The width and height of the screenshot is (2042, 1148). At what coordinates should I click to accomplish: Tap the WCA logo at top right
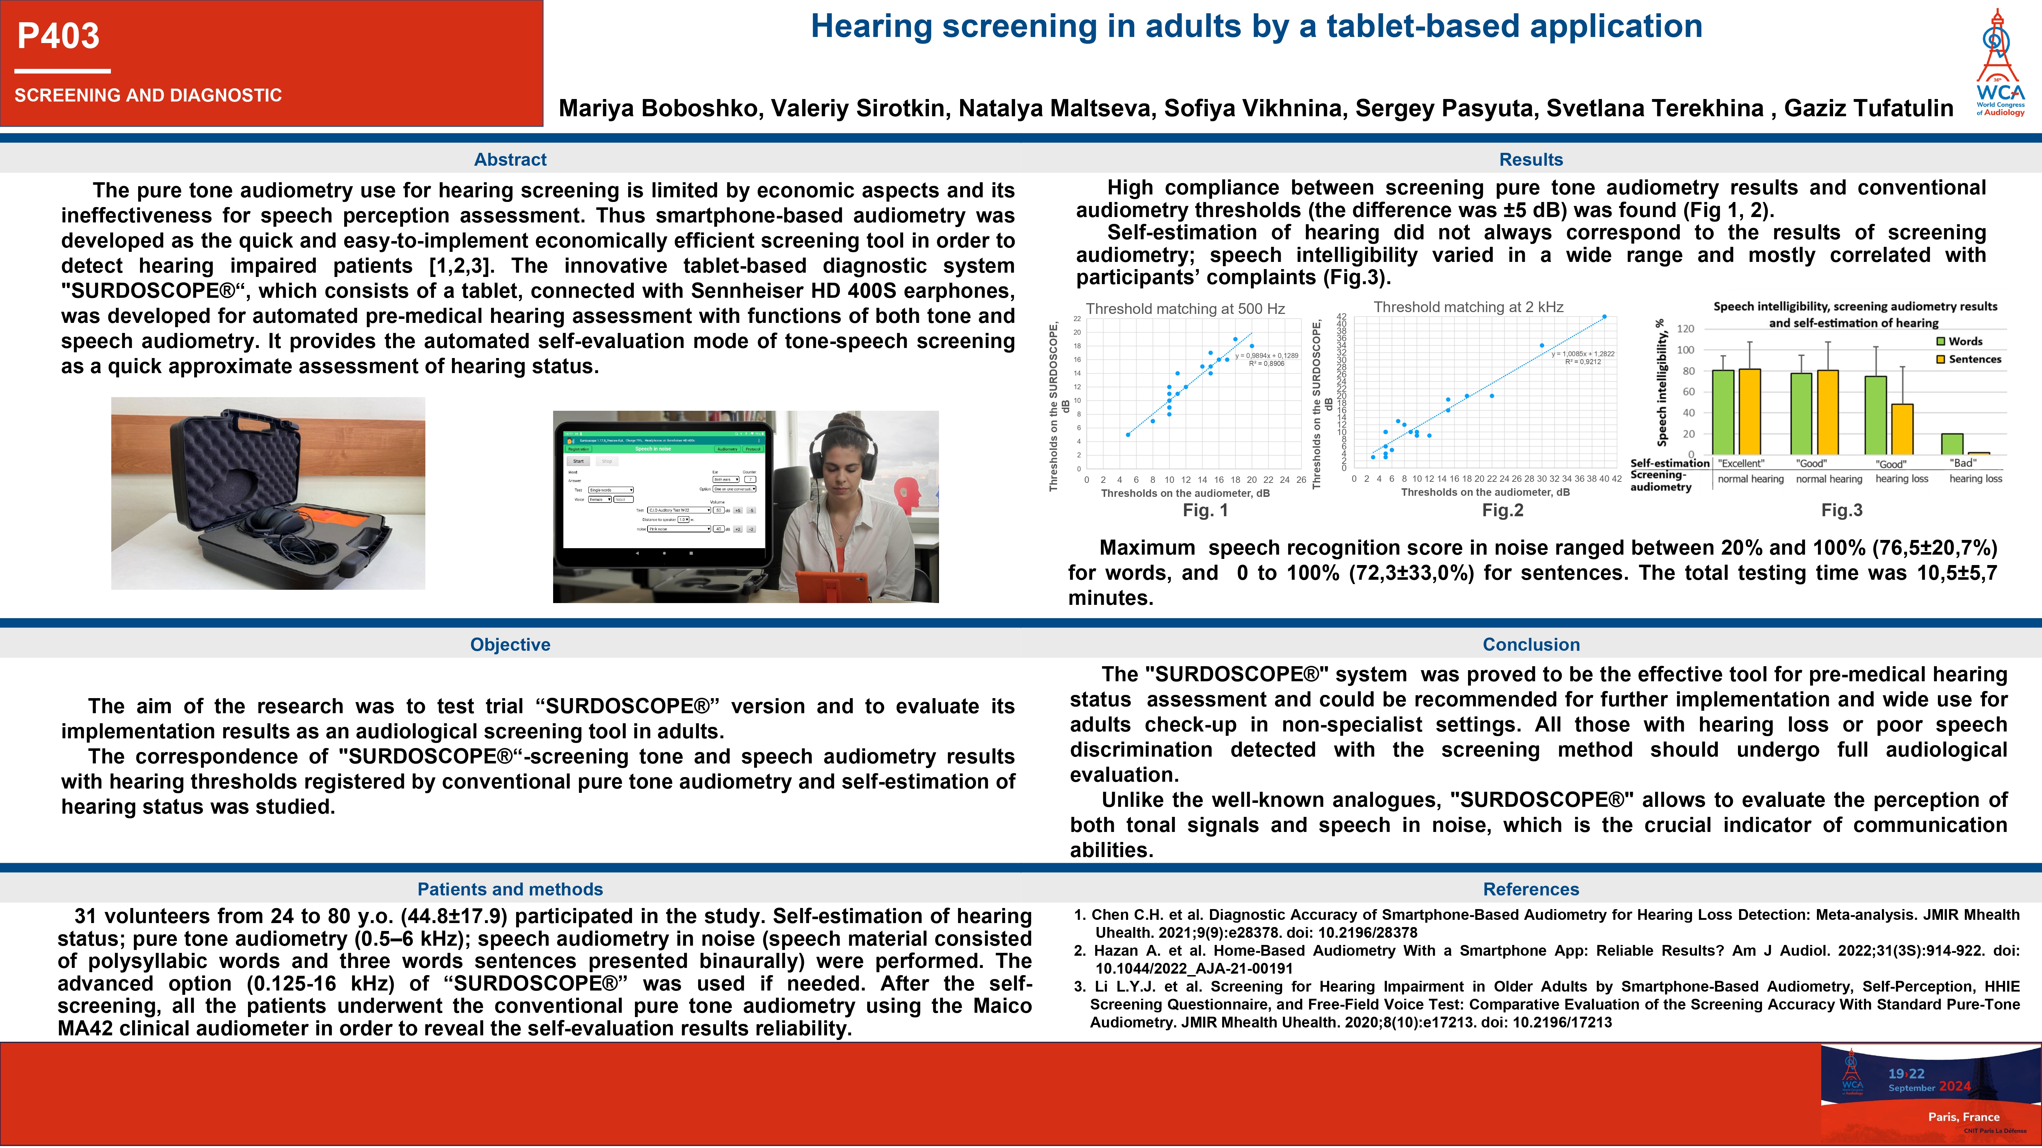tap(1999, 63)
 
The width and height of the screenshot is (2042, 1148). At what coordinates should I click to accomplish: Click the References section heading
tap(1531, 889)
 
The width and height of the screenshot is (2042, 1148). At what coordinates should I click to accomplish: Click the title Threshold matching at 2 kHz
tap(1468, 307)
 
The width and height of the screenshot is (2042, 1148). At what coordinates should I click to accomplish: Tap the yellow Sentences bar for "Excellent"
tap(1749, 412)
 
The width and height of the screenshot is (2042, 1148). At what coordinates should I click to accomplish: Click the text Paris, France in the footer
tap(1963, 1116)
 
